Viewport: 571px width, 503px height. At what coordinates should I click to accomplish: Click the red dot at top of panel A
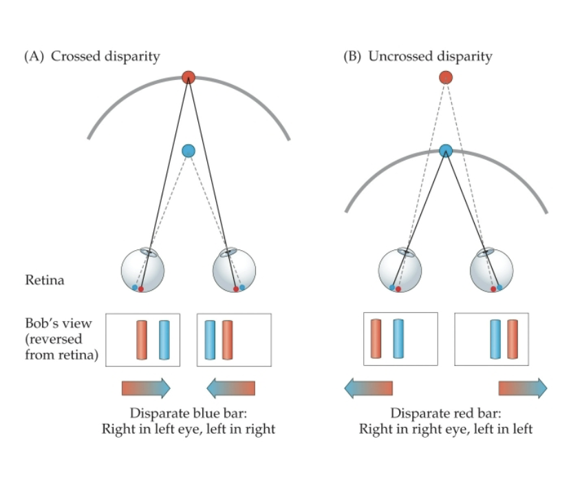[188, 76]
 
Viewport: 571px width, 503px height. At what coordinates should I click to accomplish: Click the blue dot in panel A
[188, 150]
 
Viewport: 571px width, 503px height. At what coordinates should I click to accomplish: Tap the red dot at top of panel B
[446, 77]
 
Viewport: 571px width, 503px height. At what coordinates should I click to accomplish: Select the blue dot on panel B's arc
[446, 150]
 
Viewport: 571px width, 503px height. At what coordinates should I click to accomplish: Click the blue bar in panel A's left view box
[164, 340]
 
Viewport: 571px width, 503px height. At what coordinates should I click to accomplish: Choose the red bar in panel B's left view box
[376, 339]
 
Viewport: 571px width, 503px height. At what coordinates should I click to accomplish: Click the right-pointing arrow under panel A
[146, 388]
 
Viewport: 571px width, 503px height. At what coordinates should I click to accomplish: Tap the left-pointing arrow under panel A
[231, 388]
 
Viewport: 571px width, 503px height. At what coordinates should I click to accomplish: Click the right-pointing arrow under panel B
[523, 388]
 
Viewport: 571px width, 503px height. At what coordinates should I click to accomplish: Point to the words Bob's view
[49, 322]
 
